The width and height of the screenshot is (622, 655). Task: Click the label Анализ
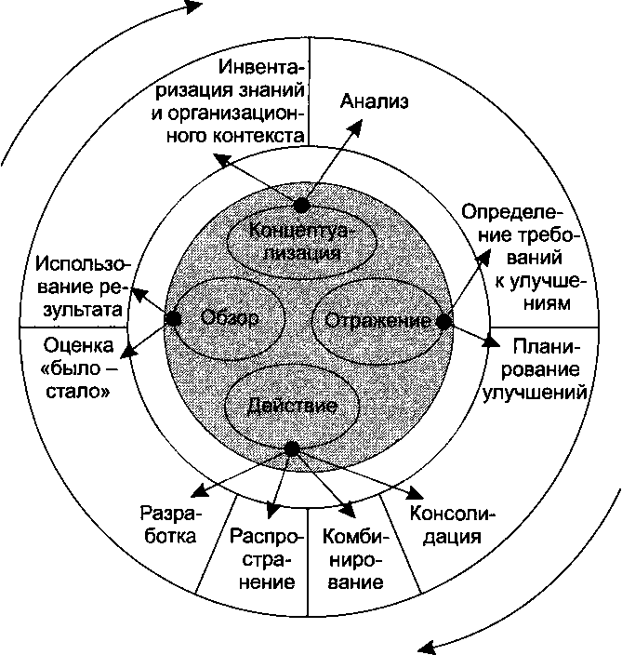[375, 101]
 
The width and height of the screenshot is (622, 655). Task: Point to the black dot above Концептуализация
[301, 205]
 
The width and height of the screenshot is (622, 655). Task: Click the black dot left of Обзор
[173, 318]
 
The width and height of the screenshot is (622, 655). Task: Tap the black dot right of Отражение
[444, 321]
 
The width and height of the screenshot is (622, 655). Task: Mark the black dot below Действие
[292, 449]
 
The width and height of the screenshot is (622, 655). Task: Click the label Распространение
[264, 559]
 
